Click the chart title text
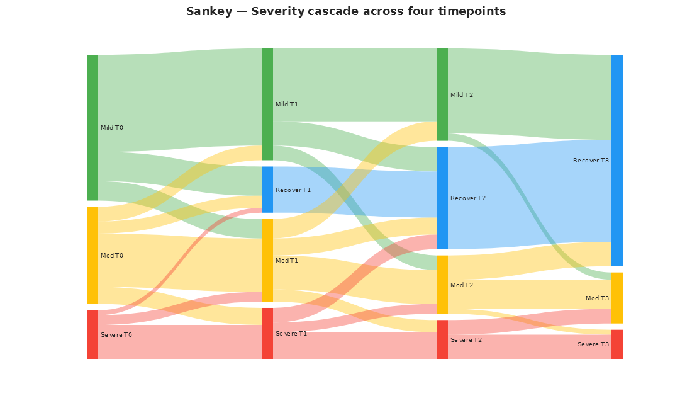pyautogui.click(x=346, y=11)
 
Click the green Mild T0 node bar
pyautogui.click(x=92, y=127)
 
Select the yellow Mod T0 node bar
pyautogui.click(x=92, y=255)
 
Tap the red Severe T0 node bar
pyautogui.click(x=92, y=334)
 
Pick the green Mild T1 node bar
pyautogui.click(x=267, y=104)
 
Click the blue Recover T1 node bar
pyautogui.click(x=267, y=190)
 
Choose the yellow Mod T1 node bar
pyautogui.click(x=267, y=260)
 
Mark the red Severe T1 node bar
pyautogui.click(x=267, y=333)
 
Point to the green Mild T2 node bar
pyautogui.click(x=442, y=94)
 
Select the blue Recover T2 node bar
pyautogui.click(x=442, y=198)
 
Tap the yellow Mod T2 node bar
pyautogui.click(x=442, y=285)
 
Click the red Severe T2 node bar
pyautogui.click(x=442, y=339)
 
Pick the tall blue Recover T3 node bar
pyautogui.click(x=617, y=160)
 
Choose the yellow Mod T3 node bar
pyautogui.click(x=617, y=298)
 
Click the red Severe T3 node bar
pyautogui.click(x=617, y=344)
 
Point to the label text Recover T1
pyautogui.click(x=293, y=190)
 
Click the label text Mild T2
pyautogui.click(x=462, y=95)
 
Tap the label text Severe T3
pyautogui.click(x=593, y=344)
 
